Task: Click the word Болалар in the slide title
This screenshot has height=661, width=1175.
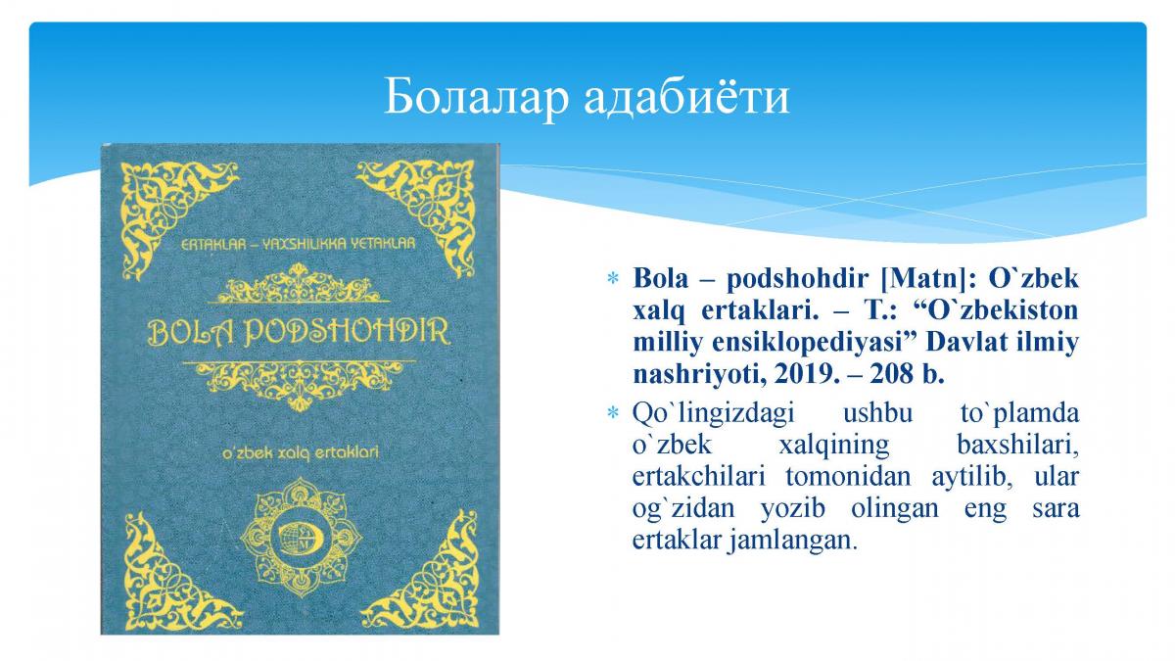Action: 476,97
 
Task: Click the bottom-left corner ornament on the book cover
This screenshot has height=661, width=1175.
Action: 173,571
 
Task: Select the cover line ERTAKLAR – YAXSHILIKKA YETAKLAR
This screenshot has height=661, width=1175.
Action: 298,244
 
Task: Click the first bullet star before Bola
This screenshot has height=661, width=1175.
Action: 613,278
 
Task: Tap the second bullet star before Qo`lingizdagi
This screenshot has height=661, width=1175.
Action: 613,412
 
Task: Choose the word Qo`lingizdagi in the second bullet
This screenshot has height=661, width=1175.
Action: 714,414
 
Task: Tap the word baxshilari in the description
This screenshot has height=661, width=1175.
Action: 1017,445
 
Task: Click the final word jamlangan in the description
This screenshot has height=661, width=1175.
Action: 791,541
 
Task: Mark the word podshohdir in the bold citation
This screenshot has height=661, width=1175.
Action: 797,279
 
